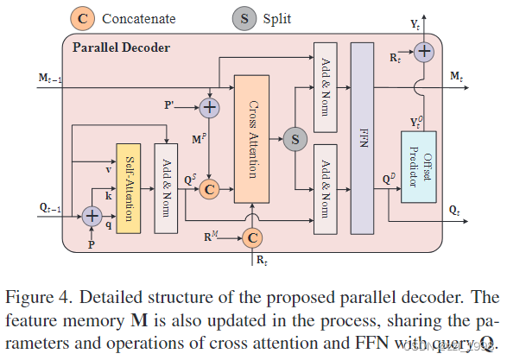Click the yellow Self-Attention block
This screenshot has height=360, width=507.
pyautogui.click(x=128, y=188)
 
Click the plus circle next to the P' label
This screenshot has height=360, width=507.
pyautogui.click(x=208, y=107)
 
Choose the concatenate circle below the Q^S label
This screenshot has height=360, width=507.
pyautogui.click(x=208, y=189)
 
